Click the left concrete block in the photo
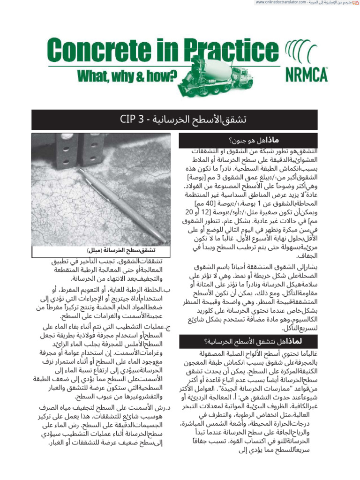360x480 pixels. coord(66,150)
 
